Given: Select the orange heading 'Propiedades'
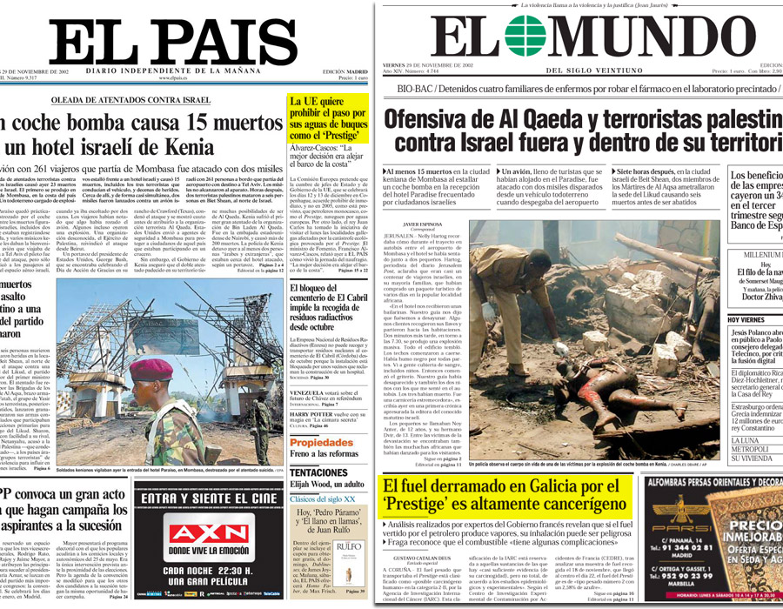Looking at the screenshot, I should pos(321,442).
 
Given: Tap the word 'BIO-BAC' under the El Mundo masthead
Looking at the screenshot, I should pos(414,89).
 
